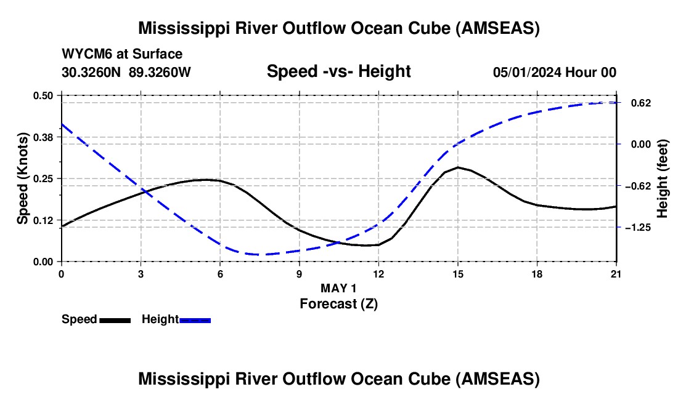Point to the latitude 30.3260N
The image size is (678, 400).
[91, 72]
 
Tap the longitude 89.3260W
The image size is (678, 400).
[160, 72]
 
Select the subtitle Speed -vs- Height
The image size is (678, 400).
[338, 71]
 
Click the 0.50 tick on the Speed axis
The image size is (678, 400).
[43, 95]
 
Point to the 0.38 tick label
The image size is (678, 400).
[43, 137]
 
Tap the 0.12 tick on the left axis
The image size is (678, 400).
[43, 220]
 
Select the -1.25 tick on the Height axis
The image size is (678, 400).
[638, 228]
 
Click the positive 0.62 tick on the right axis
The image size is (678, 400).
[641, 103]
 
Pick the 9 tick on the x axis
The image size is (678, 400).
[299, 274]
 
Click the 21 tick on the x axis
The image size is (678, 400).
[616, 274]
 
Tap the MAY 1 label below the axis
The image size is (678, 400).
[338, 288]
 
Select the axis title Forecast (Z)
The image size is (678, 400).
[338, 304]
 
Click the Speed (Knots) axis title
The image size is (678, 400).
[23, 178]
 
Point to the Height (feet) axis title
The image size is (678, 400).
[662, 178]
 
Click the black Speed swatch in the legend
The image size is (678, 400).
[115, 320]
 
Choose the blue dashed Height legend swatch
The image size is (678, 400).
[195, 320]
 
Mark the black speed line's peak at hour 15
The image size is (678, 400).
[458, 167]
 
